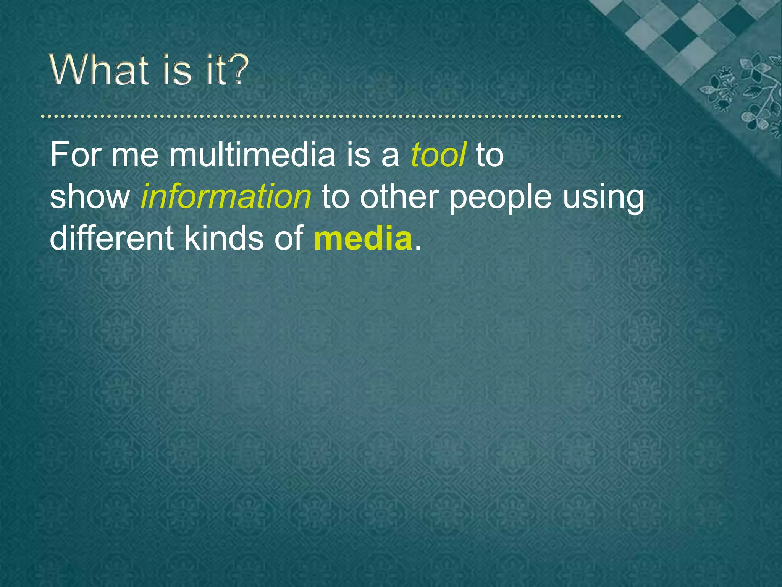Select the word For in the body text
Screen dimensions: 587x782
(74, 155)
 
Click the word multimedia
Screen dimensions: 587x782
(252, 155)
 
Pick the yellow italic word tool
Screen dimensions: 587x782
(438, 155)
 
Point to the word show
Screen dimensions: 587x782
(90, 197)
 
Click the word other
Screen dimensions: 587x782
(399, 196)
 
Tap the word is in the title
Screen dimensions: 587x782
(176, 70)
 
